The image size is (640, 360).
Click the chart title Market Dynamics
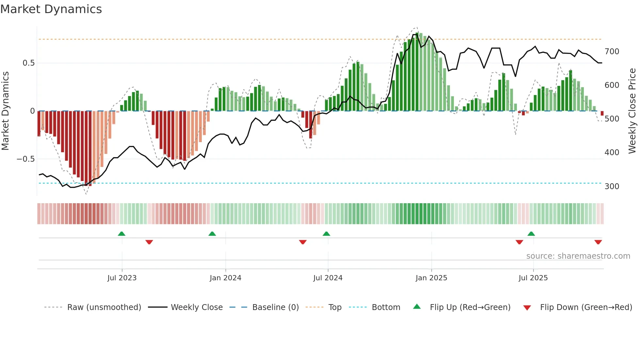click(51, 9)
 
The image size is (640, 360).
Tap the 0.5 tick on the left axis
click(28, 63)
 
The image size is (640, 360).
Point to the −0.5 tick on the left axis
click(25, 159)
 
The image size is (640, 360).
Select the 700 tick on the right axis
click(612, 52)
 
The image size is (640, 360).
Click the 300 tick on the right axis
click(612, 187)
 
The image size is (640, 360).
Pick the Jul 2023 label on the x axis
click(122, 278)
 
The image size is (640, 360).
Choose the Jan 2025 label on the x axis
click(431, 278)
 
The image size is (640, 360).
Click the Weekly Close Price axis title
click(632, 111)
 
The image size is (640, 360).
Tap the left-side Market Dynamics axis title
click(5, 111)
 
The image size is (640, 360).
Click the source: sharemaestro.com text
click(578, 256)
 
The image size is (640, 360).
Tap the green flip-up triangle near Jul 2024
click(326, 234)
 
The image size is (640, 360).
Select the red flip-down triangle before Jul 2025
click(519, 242)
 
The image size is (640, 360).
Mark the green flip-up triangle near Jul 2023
click(121, 234)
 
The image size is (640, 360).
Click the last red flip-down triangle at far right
click(598, 242)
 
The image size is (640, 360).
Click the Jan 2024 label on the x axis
click(225, 278)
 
